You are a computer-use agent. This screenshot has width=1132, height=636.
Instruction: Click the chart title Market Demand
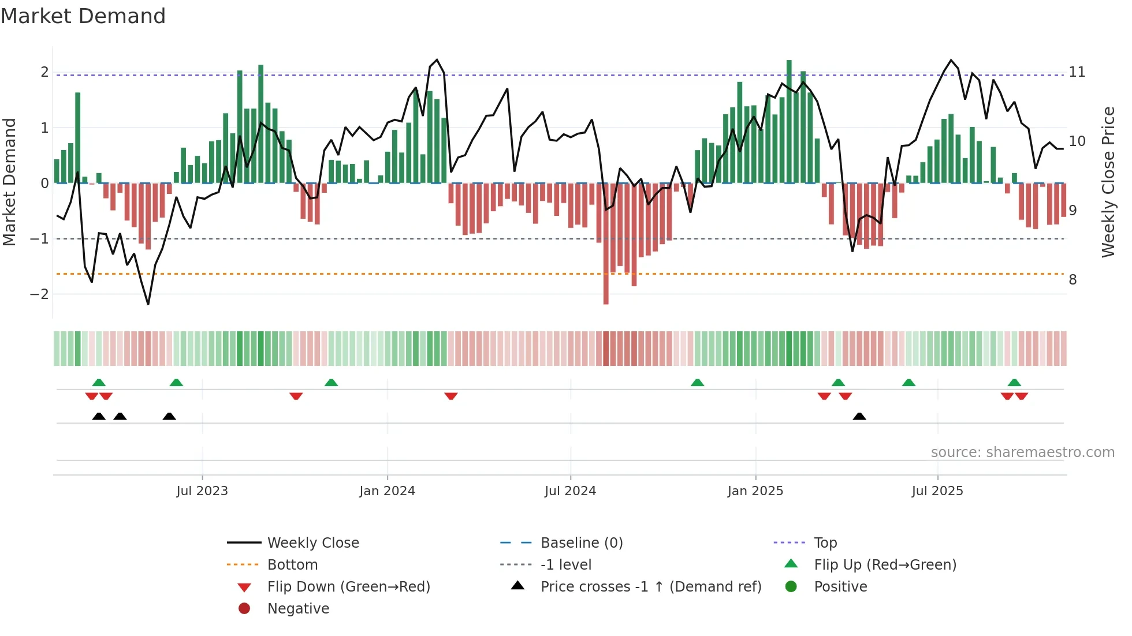pos(83,16)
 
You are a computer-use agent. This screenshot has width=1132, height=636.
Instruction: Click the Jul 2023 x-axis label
pos(202,491)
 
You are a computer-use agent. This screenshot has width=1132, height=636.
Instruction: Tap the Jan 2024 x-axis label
pos(387,491)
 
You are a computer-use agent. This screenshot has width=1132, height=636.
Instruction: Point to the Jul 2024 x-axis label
pos(570,491)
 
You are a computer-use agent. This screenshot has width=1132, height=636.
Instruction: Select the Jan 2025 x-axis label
pos(755,491)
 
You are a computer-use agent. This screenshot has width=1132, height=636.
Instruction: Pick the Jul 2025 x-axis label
pos(937,491)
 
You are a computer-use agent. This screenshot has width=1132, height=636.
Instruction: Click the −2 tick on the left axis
pos(39,294)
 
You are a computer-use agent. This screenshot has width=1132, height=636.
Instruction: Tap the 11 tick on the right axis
pos(1077,72)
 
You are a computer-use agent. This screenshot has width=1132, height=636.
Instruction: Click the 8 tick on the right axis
pos(1073,280)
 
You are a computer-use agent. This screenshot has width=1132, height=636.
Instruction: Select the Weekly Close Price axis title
pos(1108,182)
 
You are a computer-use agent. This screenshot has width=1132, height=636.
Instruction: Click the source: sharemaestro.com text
pos(1022,452)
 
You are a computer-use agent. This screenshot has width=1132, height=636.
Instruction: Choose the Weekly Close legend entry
pos(312,543)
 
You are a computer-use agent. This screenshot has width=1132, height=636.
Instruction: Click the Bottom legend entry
pos(292,565)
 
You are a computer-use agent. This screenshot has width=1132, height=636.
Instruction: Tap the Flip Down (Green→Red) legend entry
pos(348,587)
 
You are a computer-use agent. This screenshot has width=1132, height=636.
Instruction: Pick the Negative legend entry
pos(298,609)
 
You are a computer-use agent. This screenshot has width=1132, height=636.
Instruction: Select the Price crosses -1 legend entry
pos(650,587)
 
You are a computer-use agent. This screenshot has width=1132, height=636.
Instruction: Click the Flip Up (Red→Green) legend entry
pos(885,565)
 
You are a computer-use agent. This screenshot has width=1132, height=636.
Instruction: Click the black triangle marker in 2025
pos(859,417)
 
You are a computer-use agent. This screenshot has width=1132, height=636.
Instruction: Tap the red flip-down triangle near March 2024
pos(451,396)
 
